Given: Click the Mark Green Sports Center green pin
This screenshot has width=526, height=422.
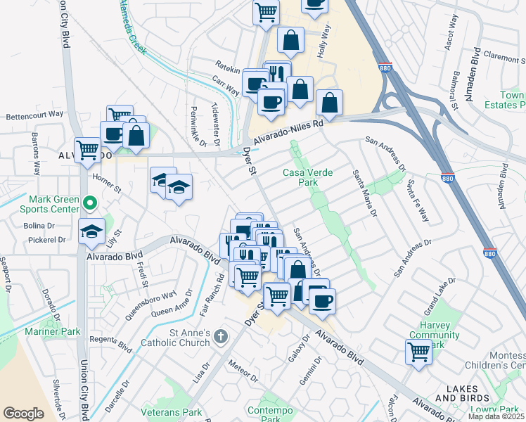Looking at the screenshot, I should pyautogui.click(x=89, y=204).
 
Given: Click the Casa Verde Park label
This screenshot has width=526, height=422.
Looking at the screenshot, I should pyautogui.click(x=307, y=177).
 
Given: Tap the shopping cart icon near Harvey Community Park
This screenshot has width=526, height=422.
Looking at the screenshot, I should pyautogui.click(x=418, y=351).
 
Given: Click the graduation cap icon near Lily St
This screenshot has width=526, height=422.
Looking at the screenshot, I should pyautogui.click(x=91, y=231).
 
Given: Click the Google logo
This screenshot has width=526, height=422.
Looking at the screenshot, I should pyautogui.click(x=23, y=414).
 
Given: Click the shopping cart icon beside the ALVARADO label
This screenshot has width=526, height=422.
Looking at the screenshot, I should pyautogui.click(x=88, y=150).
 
